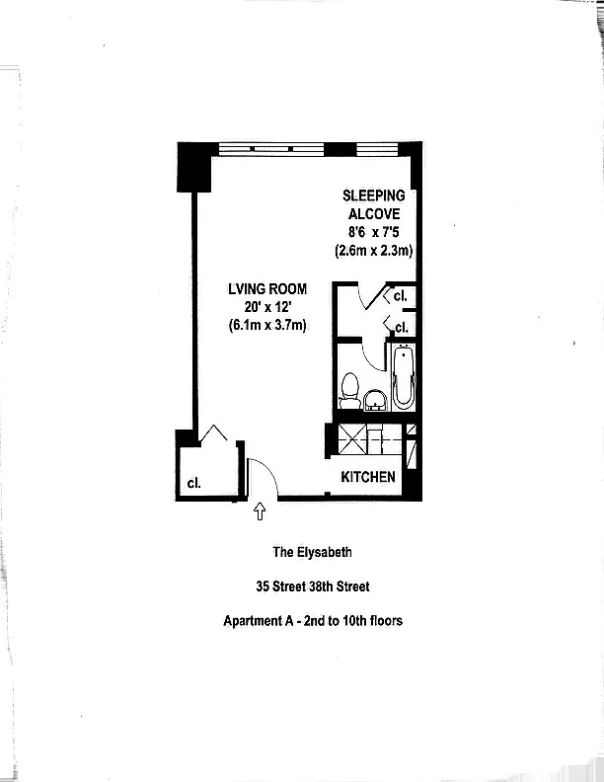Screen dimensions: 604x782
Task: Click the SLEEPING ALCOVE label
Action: tap(373, 204)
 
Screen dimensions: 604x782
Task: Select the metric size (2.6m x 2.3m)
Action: tap(373, 251)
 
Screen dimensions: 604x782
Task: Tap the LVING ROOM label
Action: tap(267, 289)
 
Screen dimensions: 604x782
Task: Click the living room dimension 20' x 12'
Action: tap(267, 307)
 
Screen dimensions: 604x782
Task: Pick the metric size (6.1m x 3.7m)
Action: tap(267, 325)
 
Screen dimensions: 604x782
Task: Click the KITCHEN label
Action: tap(368, 477)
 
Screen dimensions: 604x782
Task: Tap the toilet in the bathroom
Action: tap(349, 392)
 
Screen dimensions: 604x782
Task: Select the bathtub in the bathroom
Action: tap(404, 377)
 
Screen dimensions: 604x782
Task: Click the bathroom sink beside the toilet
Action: tap(375, 399)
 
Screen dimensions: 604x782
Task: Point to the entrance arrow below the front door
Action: tap(261, 510)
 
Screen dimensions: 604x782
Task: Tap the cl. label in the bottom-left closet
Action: tap(194, 484)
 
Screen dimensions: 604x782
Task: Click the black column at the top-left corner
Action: tap(193, 167)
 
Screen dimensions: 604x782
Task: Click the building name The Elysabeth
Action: tap(313, 553)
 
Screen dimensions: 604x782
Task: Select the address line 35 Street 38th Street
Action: tap(313, 586)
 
